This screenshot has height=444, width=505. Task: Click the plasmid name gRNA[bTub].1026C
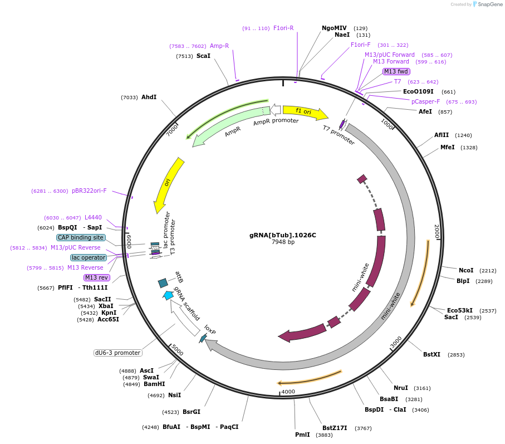[282, 235]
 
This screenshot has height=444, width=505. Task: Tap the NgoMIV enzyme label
[334, 28]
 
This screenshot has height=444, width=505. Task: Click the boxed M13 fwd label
[396, 71]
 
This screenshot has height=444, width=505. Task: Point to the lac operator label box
[88, 257]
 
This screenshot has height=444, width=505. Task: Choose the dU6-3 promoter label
[117, 353]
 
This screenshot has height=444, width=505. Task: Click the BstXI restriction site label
[432, 354]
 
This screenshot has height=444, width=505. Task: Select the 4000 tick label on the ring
[288, 392]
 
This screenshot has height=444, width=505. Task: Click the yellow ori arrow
[169, 184]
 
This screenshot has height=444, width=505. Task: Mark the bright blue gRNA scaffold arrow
[169, 295]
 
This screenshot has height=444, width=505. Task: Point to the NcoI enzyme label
[466, 271]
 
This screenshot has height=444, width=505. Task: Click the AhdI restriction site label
[149, 97]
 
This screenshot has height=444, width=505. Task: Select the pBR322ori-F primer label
[89, 191]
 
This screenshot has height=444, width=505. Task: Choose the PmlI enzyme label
[302, 435]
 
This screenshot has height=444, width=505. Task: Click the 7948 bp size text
[283, 242]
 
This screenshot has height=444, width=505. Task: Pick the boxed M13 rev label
[97, 277]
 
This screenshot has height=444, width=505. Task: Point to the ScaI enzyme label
[203, 56]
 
